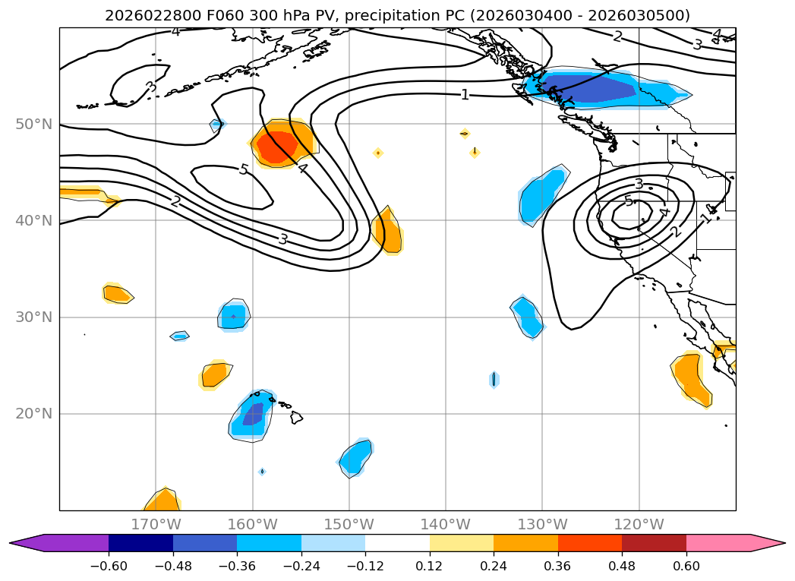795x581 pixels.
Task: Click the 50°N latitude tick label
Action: [x=34, y=124]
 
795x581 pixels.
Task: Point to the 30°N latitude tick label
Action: [x=34, y=317]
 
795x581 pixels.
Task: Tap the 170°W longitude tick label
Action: [x=156, y=524]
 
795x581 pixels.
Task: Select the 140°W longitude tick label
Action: [x=446, y=524]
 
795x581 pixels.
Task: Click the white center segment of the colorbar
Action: [x=397, y=542]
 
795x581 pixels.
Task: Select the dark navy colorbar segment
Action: [x=140, y=542]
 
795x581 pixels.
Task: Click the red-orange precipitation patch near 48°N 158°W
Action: [x=276, y=146]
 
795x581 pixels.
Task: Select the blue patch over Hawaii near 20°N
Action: [x=252, y=416]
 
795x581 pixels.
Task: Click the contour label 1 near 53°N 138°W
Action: [x=465, y=95]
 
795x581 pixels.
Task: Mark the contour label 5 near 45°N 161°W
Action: [x=244, y=169]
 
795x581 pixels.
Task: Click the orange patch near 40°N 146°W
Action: [x=389, y=231]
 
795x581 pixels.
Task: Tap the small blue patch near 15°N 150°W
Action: [x=355, y=457]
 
